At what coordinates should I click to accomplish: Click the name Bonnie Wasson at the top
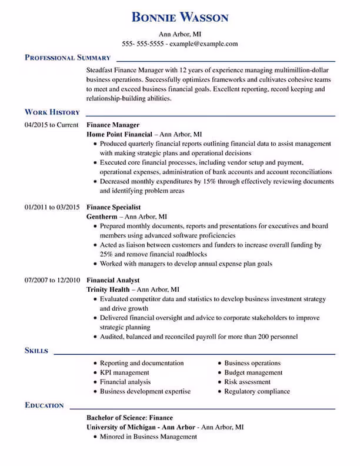coord(180,17)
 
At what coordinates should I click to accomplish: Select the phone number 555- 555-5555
coord(143,44)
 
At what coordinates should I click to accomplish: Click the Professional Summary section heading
coord(68,58)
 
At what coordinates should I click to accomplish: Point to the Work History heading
coord(52,112)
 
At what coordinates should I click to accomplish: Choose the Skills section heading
coord(36,350)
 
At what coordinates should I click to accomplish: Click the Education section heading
coord(44,405)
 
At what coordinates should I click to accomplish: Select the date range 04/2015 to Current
coord(52,125)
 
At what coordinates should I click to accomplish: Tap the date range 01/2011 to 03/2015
coord(52,207)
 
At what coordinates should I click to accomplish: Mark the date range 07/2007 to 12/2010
coord(52,280)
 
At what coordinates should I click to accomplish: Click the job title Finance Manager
coord(113,125)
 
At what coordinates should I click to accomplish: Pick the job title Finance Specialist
coord(114,207)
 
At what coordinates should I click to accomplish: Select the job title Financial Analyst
coord(113,280)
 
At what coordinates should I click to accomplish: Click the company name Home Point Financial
coord(119,134)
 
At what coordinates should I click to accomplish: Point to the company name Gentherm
coord(102,217)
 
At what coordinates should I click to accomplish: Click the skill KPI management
coord(125,372)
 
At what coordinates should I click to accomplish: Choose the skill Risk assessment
coord(248,382)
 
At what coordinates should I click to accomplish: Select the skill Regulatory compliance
coord(257,391)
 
